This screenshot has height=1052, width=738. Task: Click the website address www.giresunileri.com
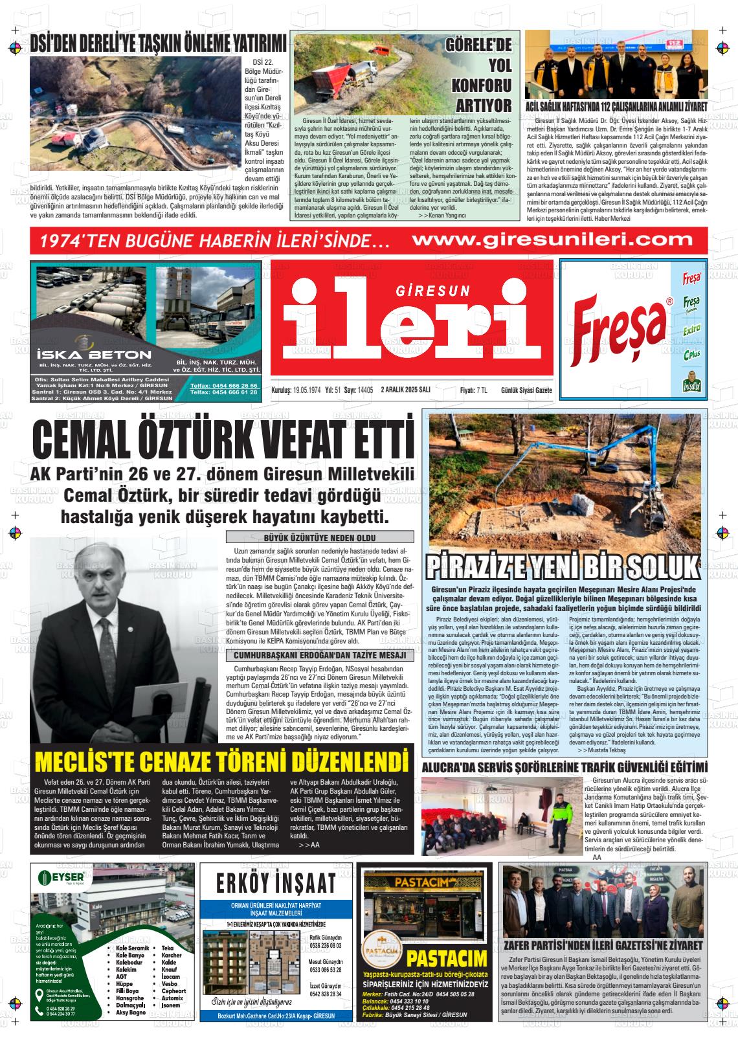[553, 240]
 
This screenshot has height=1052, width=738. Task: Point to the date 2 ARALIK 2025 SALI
[407, 390]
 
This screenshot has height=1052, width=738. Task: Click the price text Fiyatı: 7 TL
[473, 390]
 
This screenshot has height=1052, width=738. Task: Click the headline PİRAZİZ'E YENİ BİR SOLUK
[563, 566]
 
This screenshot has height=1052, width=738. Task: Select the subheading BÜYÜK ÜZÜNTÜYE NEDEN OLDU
[320, 537]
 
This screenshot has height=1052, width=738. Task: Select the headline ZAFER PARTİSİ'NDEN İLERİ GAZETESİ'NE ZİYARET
[602, 946]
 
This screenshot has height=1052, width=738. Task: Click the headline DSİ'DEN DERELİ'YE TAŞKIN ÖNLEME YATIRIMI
[158, 44]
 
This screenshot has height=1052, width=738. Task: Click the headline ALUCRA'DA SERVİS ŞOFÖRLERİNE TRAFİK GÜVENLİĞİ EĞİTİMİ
[565, 768]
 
